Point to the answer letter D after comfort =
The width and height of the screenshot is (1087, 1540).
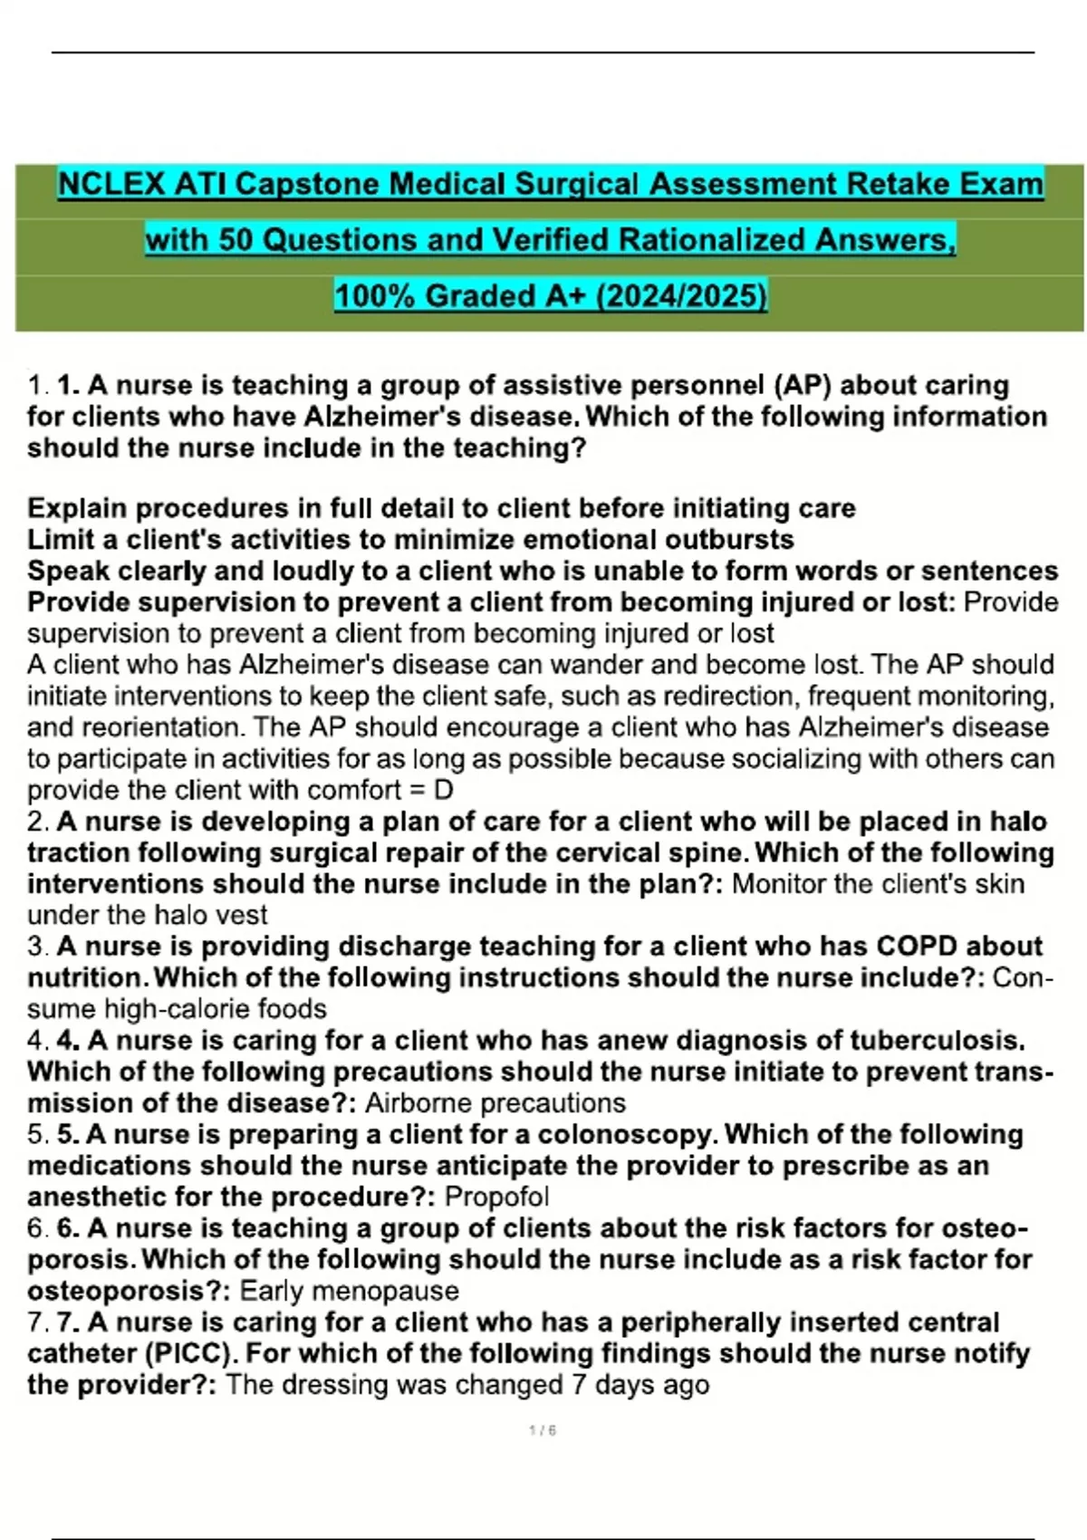(x=443, y=791)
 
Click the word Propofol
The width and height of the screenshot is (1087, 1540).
(x=496, y=1197)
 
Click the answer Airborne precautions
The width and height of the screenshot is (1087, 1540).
(x=495, y=1103)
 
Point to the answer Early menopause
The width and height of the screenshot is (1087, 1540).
(x=349, y=1291)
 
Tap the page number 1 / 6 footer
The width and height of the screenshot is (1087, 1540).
(x=542, y=1431)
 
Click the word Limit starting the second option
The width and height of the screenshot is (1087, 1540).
(x=59, y=540)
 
